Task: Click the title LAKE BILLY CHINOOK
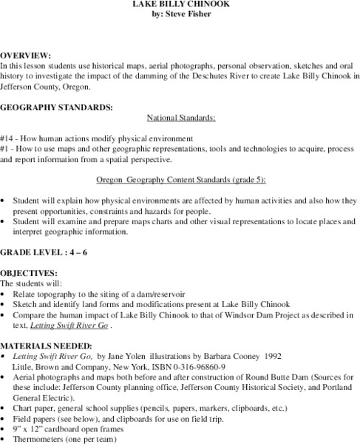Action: pyautogui.click(x=180, y=4)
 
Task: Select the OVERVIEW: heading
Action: pyautogui.click(x=25, y=56)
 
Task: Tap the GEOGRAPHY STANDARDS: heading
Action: pyautogui.click(x=57, y=107)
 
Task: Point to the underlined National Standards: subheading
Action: pyautogui.click(x=181, y=118)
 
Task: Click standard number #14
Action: pyautogui.click(x=8, y=138)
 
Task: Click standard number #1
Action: pyautogui.click(x=6, y=148)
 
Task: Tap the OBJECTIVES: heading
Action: pyautogui.click(x=29, y=273)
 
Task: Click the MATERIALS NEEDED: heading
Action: pyautogui.click(x=46, y=345)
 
